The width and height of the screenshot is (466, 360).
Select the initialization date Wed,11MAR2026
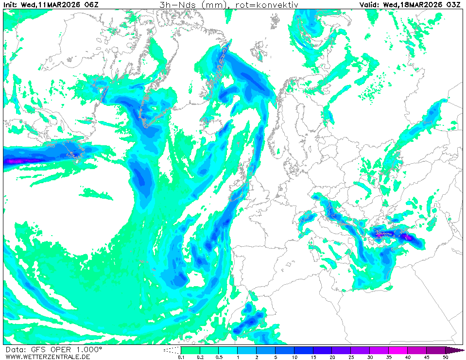pos(52,5)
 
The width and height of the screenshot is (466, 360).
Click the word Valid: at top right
pos(370,5)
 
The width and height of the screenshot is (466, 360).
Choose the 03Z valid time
pos(453,5)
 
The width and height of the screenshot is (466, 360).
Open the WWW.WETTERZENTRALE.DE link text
pos(48,357)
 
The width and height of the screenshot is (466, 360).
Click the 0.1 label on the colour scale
pos(181,357)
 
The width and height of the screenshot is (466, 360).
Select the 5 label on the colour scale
pos(275,357)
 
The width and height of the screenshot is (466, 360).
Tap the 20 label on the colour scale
pos(332,357)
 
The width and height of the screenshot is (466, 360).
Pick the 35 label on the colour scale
pos(389,357)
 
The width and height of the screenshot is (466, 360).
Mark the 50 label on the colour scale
pos(445,357)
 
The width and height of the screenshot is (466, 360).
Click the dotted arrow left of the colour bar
pos(171,350)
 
